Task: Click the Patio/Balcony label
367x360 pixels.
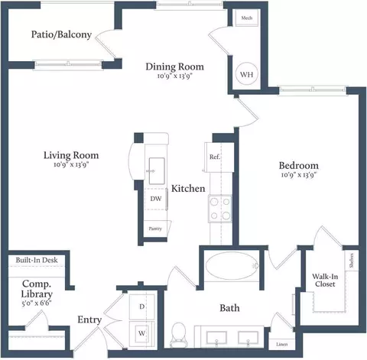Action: pos(61,34)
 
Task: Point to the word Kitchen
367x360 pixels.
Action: pos(187,189)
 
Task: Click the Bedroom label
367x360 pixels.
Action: pos(298,165)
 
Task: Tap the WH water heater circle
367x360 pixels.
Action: pos(247,75)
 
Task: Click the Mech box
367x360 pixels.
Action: pos(247,17)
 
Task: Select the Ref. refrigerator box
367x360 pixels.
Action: pos(216,157)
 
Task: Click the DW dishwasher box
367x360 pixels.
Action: pos(155,199)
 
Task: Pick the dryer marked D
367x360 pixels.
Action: pos(141,306)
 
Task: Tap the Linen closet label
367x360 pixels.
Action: pos(282,344)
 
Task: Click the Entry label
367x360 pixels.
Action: pos(89,320)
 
